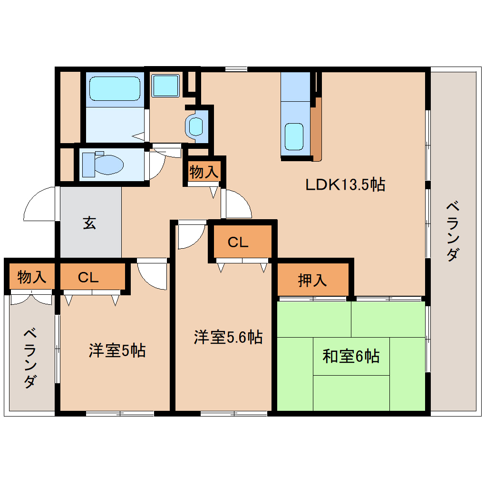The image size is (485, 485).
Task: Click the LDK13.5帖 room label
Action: coord(345,184)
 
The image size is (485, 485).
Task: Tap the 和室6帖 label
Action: coord(351,356)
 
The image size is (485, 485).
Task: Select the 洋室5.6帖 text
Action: coord(228,337)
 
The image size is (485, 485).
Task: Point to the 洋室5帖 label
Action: coord(117,350)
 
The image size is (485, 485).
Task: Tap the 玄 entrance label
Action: coord(89,223)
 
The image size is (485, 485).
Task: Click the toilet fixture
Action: coord(102,164)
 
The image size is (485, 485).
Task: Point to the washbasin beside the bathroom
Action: coord(195,126)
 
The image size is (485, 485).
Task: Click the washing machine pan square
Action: coord(165,86)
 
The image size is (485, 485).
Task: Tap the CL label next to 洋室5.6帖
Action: coord(238,242)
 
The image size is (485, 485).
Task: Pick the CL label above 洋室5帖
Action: coord(88,278)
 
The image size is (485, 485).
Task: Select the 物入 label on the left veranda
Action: coord(31,277)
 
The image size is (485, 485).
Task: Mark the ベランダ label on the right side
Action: coord(453,232)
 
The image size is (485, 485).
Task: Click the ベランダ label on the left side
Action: coord(30,358)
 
